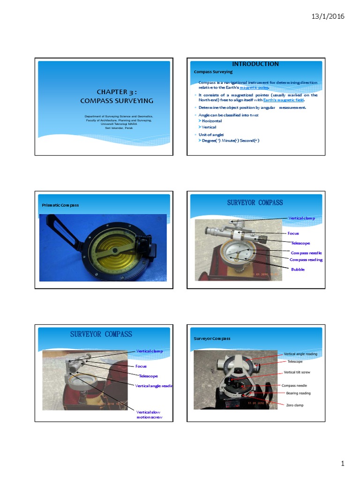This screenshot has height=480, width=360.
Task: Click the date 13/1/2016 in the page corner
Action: coord(328,16)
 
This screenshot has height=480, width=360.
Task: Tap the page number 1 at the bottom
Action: coord(343,464)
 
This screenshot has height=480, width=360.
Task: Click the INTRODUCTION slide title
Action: coord(255,64)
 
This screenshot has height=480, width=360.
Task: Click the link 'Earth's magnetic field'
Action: coord(283,100)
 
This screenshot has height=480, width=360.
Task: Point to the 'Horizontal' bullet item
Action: coord(211,121)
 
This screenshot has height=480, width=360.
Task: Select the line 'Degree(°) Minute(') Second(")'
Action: coord(230,141)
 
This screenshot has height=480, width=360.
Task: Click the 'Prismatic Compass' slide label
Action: coord(60,205)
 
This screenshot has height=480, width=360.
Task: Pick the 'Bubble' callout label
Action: coord(298,270)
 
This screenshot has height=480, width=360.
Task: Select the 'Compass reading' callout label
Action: coord(306,259)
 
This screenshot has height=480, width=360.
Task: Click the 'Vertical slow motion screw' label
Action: coord(149,414)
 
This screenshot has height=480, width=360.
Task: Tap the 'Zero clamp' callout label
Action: coord(294,405)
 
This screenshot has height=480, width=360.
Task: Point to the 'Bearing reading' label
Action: coord(298,393)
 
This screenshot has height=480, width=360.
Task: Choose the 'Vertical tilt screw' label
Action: coord(297,372)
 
